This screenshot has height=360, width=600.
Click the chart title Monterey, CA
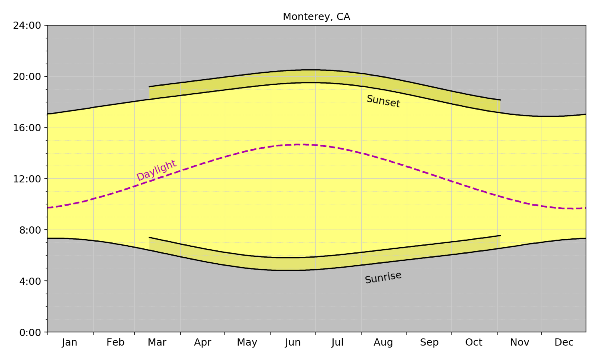pos(316,17)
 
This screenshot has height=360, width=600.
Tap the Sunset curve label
pos(383,101)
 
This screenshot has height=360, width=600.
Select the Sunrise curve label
pos(383,277)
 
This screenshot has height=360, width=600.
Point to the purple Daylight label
pos(156,170)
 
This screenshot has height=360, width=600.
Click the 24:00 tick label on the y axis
pos(27,26)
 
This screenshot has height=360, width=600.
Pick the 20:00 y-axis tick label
pos(27,76)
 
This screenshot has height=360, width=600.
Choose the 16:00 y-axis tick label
pos(27,128)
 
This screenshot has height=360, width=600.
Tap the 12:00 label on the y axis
pos(27,179)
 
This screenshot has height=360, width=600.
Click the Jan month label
pos(70,342)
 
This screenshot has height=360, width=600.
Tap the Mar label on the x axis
pos(157,342)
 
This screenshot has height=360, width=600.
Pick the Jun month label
pos(293,342)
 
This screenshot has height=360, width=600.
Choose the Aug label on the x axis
pos(383,342)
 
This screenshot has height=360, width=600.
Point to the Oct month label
pos(474,342)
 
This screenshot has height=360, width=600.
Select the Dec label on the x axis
pos(564,342)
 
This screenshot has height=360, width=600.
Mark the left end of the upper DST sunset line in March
pos(149,86)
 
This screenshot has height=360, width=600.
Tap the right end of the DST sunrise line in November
pos(500,236)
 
